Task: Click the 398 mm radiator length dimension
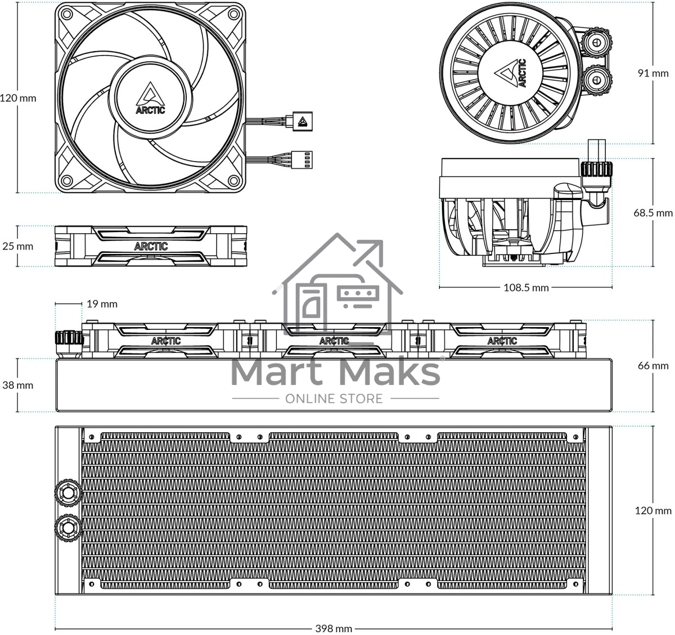click(x=334, y=629)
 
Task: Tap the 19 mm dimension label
click(x=102, y=304)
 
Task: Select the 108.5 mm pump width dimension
click(x=526, y=288)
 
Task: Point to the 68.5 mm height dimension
click(x=653, y=213)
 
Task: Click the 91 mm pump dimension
click(x=653, y=73)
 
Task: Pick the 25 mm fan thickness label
click(x=17, y=246)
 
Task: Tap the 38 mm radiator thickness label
click(x=17, y=385)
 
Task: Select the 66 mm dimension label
click(x=653, y=366)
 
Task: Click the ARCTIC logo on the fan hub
click(x=150, y=98)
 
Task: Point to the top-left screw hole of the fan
click(x=67, y=14)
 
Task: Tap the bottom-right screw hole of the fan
click(x=234, y=180)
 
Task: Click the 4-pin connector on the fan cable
click(x=303, y=160)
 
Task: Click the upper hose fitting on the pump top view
click(x=596, y=43)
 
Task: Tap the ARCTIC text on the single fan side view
click(x=151, y=246)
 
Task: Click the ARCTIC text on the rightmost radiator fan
click(x=502, y=341)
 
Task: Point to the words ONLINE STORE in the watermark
click(x=334, y=398)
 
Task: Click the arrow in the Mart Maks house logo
click(x=369, y=252)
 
